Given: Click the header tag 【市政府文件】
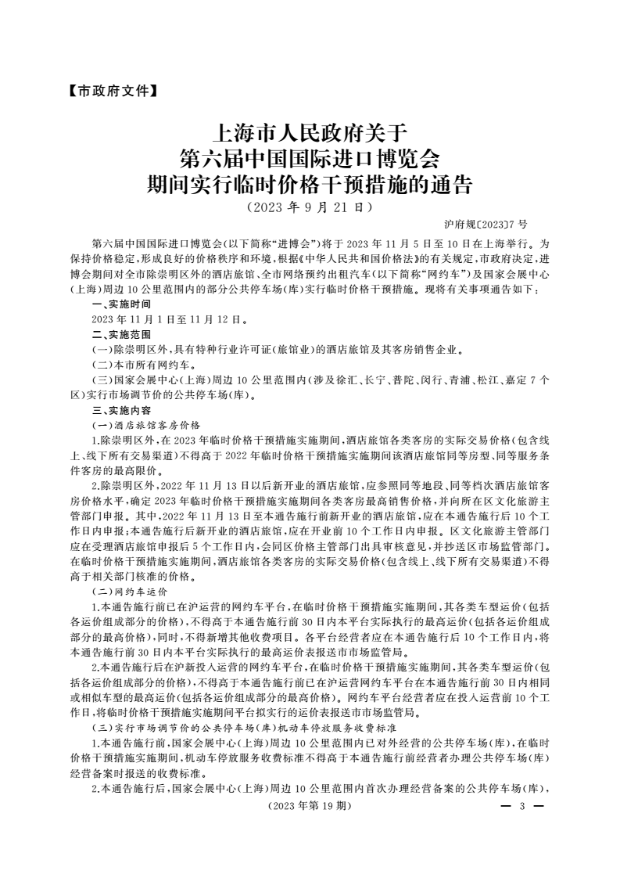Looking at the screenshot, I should (108, 91).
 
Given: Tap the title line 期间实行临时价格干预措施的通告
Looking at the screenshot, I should (310, 185).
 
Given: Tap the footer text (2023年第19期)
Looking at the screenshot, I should (310, 805).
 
